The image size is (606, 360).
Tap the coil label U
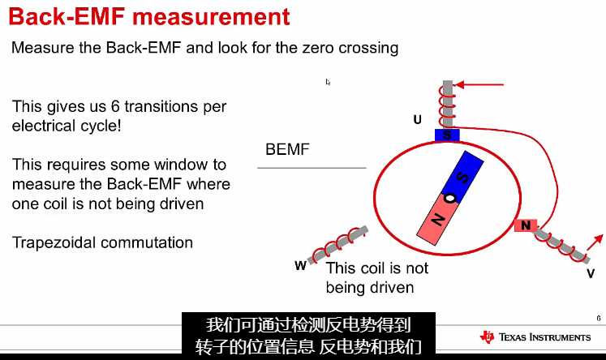417,120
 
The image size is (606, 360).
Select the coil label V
591,275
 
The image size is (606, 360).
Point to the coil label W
300,264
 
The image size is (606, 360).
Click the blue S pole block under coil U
447,135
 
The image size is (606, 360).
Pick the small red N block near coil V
526,225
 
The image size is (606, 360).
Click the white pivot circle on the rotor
449,198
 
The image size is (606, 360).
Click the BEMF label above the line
287,150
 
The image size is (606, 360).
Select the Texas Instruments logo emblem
487,336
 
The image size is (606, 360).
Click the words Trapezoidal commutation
102,242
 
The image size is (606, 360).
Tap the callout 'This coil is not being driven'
376,277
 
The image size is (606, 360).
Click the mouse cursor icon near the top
328,82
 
